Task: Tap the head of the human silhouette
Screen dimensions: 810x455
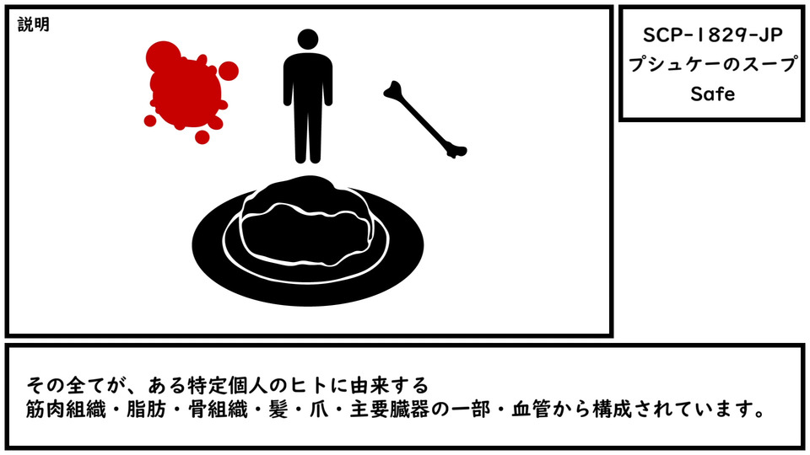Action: [x=308, y=40]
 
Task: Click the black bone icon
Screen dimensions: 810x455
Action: [x=424, y=119]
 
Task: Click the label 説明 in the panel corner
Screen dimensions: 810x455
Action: [x=34, y=24]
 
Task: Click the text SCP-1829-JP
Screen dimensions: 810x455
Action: [x=712, y=35]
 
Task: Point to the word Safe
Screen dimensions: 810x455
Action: [x=712, y=94]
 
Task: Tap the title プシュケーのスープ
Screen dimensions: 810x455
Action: [x=713, y=65]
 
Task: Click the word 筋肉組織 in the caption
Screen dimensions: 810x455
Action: [x=66, y=409]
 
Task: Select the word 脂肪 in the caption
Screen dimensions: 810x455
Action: [x=146, y=409]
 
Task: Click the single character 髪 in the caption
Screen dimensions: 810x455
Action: [x=278, y=409]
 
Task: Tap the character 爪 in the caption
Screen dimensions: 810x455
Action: [x=319, y=409]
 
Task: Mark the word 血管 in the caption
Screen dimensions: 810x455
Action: [x=532, y=409]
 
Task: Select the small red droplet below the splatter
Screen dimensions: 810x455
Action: [x=202, y=137]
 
